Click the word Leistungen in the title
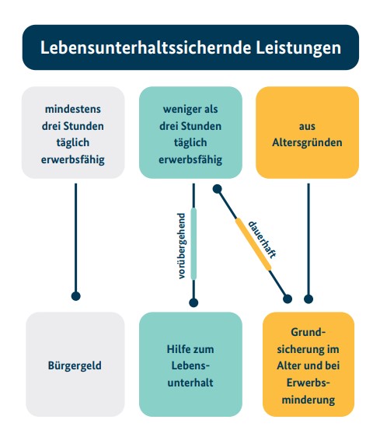[298, 48]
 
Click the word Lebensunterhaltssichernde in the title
[145, 47]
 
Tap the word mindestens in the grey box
[73, 109]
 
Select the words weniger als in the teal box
[190, 109]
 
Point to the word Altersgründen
[307, 143]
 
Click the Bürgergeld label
[75, 365]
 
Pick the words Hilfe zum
[190, 349]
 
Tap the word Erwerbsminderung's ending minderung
[309, 400]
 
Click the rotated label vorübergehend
[181, 246]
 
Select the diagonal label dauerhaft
[262, 239]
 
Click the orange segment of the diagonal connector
[253, 244]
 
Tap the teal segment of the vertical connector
[193, 244]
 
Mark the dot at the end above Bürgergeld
[76, 296]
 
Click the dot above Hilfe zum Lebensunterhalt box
[193, 302]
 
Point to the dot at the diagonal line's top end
[218, 189]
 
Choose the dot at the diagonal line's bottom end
[288, 299]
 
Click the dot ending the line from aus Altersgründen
[309, 299]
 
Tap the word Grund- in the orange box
[309, 332]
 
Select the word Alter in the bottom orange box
[288, 366]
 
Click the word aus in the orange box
[307, 126]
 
